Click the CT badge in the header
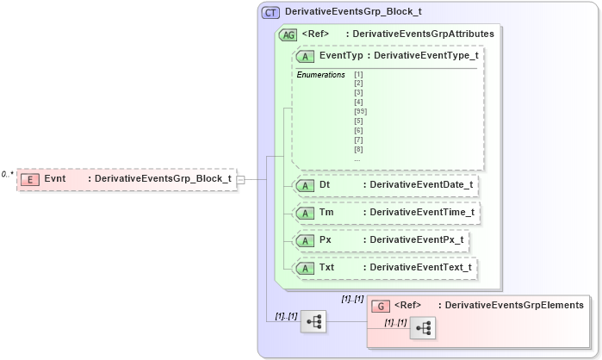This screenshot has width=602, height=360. coord(271,13)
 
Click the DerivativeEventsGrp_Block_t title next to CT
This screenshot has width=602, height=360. coord(353,13)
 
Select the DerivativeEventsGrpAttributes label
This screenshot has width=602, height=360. coord(423,34)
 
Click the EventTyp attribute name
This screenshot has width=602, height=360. coord(341,55)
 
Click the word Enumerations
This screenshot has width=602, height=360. coord(320,75)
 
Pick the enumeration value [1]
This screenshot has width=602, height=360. coord(358,75)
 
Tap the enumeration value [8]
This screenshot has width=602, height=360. coord(358,150)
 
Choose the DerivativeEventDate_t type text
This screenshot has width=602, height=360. coord(420,184)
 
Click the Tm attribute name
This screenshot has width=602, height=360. coord(326,213)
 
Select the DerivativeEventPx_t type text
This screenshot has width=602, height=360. coord(415,240)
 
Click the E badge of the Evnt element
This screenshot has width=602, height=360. coord(30,179)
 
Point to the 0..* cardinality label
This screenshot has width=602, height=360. coord(8,174)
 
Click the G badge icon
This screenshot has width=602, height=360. coord(380,306)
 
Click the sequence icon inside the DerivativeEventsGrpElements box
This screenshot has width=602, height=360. coord(422,328)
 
